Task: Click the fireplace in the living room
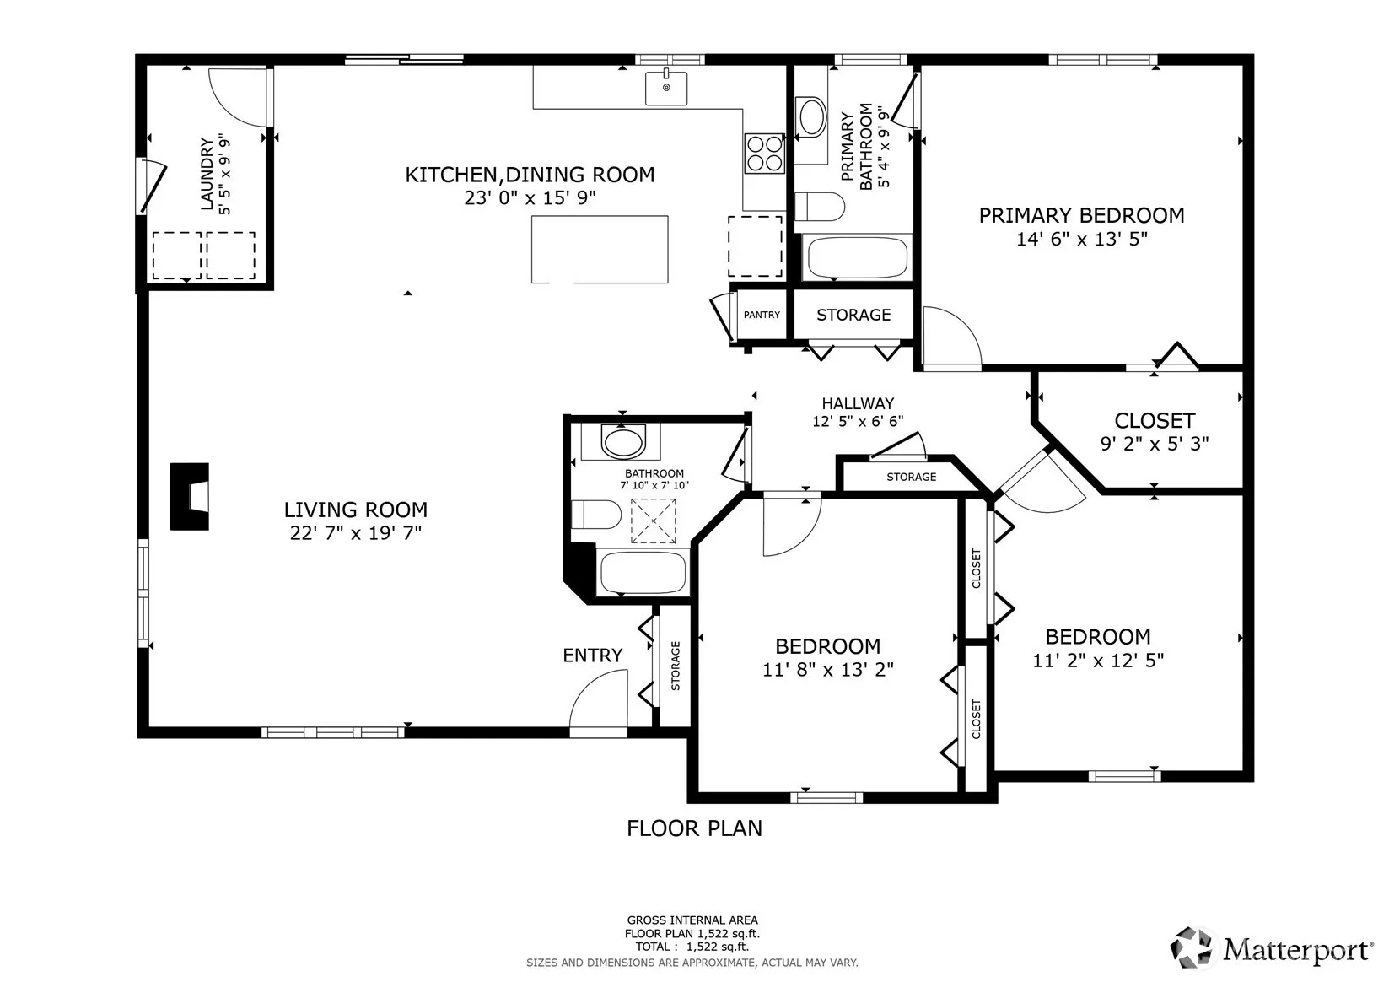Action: point(189,496)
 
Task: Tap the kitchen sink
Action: point(666,88)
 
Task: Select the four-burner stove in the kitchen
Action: point(765,154)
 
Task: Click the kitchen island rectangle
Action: point(600,250)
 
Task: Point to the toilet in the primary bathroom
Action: point(819,207)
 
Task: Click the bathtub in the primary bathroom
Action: point(858,256)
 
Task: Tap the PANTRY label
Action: point(762,315)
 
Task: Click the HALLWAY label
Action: point(858,404)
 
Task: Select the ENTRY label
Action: point(592,655)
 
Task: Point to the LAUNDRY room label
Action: point(207,175)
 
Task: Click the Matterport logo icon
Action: point(1191,947)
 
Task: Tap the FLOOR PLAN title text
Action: point(694,828)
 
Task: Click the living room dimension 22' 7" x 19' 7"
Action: point(355,533)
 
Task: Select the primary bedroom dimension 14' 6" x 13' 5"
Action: point(1081,240)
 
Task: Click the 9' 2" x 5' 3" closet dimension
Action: point(1154,444)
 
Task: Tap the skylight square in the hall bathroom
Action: point(654,521)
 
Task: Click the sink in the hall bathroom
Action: point(622,442)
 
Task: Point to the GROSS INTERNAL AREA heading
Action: point(692,920)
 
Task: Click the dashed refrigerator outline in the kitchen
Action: point(755,246)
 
